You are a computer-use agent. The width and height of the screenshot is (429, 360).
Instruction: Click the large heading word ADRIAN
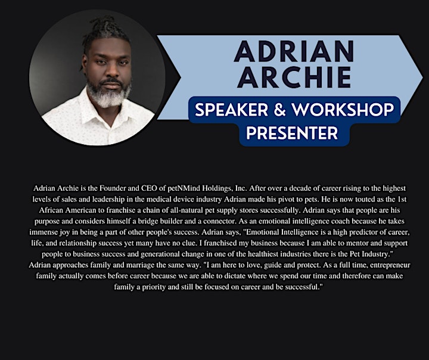tap(294, 51)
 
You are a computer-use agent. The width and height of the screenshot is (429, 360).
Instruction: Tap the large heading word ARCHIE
tap(294, 77)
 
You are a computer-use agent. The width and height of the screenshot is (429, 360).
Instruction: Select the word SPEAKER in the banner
tap(231, 110)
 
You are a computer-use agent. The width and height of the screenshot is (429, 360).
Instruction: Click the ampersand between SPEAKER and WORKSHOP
tap(279, 110)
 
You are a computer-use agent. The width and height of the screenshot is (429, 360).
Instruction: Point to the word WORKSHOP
tap(343, 110)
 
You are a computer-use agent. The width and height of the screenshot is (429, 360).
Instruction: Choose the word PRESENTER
tap(292, 133)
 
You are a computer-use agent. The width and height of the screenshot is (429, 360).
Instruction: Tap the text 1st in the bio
tap(402, 199)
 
